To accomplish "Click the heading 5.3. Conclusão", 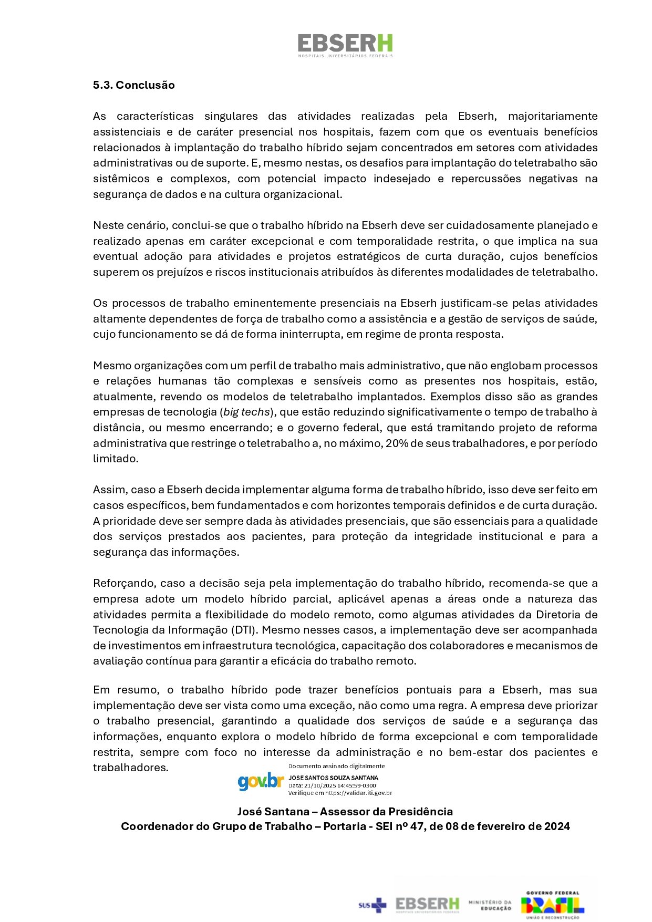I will pyautogui.click(x=133, y=85).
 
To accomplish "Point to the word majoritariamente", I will pyautogui.click(x=553, y=116).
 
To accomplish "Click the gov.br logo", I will pyautogui.click(x=261, y=781).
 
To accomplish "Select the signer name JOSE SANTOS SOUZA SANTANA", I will pyautogui.click(x=333, y=778).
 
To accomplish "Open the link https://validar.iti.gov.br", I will pyautogui.click(x=358, y=793).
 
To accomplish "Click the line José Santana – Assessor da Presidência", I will pyautogui.click(x=345, y=811).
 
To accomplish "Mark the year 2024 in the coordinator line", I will pyautogui.click(x=557, y=826).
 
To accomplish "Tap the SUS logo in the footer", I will pyautogui.click(x=372, y=905).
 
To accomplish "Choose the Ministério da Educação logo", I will pyautogui.click(x=490, y=905).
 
